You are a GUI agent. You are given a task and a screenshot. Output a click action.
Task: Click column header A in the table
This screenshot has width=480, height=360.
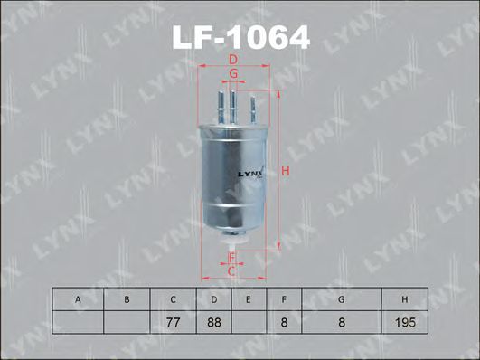click(78, 299)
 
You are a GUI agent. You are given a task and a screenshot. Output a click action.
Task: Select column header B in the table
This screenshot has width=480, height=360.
click(127, 299)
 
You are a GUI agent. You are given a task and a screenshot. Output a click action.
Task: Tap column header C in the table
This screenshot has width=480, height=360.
click(173, 299)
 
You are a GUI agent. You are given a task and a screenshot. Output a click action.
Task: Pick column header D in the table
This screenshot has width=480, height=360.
click(213, 299)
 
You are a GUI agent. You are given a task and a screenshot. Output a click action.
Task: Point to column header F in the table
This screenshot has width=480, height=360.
click(284, 299)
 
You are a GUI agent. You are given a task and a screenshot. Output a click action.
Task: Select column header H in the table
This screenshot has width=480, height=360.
click(403, 299)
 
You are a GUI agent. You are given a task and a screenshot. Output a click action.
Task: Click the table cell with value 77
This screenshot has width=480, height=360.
click(173, 322)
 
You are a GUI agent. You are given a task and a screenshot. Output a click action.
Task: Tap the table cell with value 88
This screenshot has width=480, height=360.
click(213, 322)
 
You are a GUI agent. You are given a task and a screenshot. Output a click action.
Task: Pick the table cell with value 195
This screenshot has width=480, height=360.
click(403, 322)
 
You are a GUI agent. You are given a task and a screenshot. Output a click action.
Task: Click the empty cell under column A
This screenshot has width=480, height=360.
click(78, 322)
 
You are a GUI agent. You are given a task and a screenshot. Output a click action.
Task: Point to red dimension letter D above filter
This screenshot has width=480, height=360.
click(232, 60)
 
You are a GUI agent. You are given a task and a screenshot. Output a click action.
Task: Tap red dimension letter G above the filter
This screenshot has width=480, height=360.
click(232, 73)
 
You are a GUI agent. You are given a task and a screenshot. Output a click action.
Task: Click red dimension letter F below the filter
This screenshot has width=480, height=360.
click(231, 259)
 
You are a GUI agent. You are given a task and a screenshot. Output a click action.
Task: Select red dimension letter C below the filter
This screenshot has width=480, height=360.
click(231, 271)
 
